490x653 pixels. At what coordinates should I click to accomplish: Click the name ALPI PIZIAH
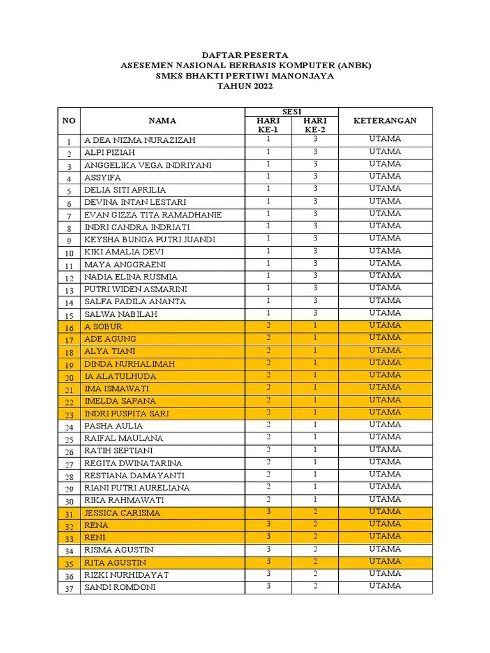[x=110, y=153]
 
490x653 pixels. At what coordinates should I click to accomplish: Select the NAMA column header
[x=163, y=121]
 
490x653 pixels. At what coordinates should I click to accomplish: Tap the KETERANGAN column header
[x=385, y=121]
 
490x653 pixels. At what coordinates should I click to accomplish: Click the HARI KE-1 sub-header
[x=269, y=125]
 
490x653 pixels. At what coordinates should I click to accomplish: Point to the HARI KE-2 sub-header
[x=315, y=125]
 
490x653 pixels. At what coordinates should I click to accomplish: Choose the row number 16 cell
[x=69, y=327]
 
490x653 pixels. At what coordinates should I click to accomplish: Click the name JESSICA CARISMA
[x=122, y=513]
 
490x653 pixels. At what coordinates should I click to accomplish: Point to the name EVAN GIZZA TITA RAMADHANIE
[x=153, y=215]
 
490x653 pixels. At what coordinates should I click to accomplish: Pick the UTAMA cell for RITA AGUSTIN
[x=385, y=561]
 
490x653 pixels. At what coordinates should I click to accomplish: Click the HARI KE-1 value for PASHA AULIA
[x=269, y=425]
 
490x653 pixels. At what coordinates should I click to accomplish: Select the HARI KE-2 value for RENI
[x=315, y=536]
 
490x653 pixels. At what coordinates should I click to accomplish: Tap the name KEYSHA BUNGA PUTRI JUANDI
[x=150, y=240]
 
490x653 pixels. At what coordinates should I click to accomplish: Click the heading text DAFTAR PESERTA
[x=246, y=55]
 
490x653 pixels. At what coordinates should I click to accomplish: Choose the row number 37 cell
[x=69, y=588]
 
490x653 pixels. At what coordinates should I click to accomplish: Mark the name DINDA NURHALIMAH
[x=130, y=364]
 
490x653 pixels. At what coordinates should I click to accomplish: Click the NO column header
[x=69, y=121]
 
